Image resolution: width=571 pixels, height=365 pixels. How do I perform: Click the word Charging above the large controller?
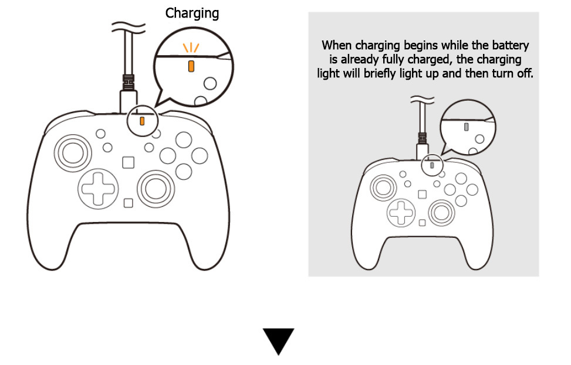pos(192,13)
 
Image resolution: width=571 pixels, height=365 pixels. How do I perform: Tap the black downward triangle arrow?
pos(279,341)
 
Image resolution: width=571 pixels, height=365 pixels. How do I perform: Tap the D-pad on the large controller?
pos(98,187)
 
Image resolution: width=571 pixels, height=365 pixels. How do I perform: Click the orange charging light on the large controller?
pos(142,121)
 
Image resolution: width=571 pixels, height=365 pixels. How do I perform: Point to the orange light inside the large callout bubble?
pos(191,66)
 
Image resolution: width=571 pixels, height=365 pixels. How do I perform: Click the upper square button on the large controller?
pos(128,162)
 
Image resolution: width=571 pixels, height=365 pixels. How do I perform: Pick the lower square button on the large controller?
pos(128,203)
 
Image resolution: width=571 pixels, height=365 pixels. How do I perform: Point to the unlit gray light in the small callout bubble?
pos(466,126)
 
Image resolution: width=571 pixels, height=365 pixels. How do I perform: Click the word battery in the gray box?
pos(511,45)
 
